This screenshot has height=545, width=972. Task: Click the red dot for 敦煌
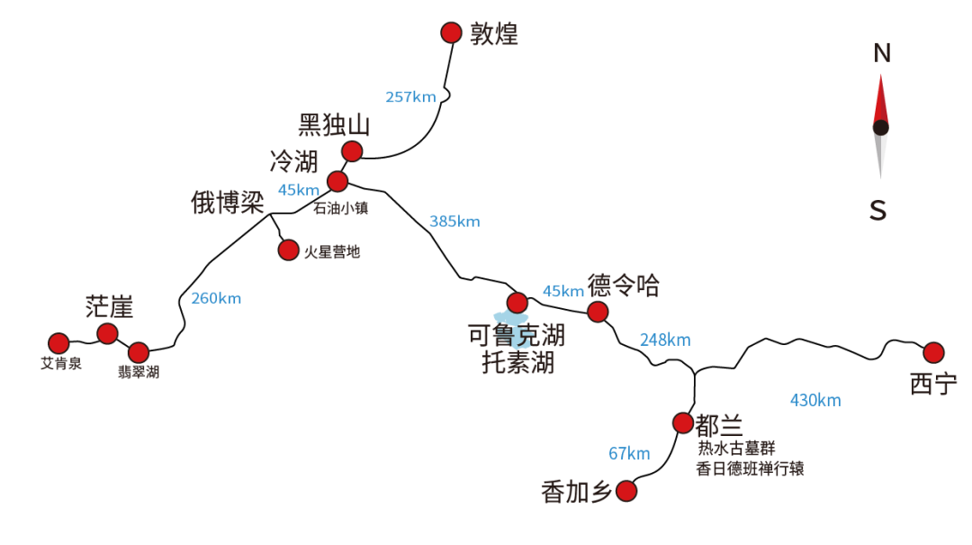451,33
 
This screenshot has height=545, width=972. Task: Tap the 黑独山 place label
334,125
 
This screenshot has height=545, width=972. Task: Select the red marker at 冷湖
337,181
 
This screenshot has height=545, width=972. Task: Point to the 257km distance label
410,96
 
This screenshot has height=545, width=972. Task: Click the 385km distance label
454,222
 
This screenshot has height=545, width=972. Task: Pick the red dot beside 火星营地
288,250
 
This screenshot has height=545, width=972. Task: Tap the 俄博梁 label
228,203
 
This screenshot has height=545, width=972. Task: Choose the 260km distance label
216,298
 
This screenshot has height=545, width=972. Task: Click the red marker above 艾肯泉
58,343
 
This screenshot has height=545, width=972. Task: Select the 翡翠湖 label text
139,372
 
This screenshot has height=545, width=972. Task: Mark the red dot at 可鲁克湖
517,303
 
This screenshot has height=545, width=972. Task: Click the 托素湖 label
518,362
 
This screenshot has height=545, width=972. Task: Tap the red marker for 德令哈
598,312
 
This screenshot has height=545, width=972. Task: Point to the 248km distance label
665,341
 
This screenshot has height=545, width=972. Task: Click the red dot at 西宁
933,352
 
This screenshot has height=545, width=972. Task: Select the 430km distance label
815,400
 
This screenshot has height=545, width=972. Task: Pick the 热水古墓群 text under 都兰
736,449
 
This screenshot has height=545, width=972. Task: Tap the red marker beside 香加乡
626,491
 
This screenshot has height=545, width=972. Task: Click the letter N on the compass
882,53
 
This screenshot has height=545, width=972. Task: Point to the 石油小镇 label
340,208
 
